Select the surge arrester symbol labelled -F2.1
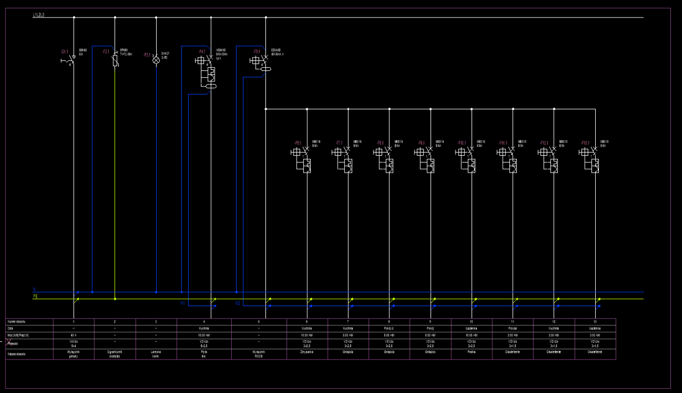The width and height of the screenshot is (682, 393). click(115, 60)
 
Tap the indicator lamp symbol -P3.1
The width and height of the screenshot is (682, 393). click(156, 60)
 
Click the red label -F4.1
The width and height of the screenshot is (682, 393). click(202, 52)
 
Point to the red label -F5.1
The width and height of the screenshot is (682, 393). click(257, 52)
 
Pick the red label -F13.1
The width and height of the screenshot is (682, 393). click(585, 143)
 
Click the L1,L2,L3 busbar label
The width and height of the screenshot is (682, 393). click(39, 15)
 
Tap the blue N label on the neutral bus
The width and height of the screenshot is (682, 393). click(35, 290)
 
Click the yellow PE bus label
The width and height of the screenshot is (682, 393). click(36, 296)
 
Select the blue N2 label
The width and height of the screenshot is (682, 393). click(238, 303)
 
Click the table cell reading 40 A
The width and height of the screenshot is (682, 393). click(74, 335)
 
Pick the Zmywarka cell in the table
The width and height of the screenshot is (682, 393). click(307, 352)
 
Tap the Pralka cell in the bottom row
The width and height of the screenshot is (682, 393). click(472, 352)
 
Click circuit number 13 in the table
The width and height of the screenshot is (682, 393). click(595, 322)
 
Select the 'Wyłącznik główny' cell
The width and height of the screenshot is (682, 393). click(74, 354)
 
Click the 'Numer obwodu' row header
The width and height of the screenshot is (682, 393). click(17, 322)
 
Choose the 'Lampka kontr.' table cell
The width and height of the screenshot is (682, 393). click(156, 354)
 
